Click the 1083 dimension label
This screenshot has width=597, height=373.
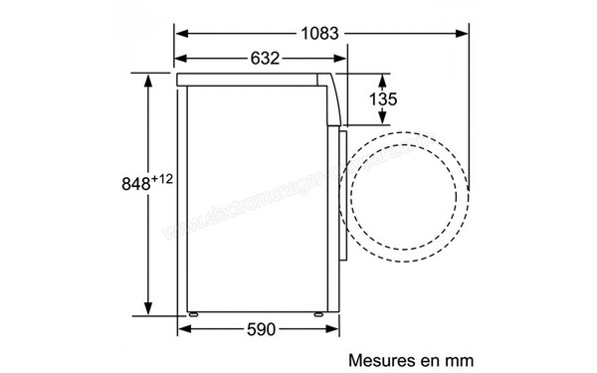point(320,33)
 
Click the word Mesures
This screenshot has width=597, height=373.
point(377,357)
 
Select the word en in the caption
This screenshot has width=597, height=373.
point(421,357)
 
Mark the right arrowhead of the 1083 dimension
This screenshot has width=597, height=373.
point(467,33)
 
